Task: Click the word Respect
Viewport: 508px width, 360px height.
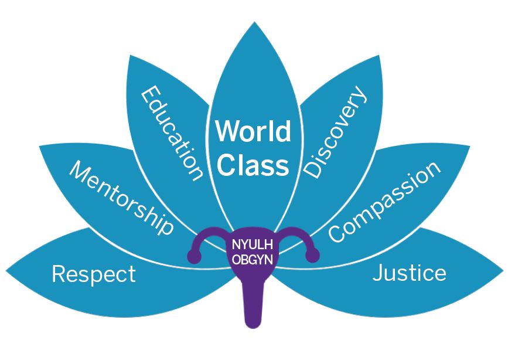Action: (x=94, y=274)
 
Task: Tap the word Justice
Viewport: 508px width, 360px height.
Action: (x=410, y=273)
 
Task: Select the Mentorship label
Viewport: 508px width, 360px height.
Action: (x=122, y=198)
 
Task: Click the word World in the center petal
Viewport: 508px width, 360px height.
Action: (x=253, y=131)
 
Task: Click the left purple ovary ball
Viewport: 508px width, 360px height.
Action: (x=194, y=256)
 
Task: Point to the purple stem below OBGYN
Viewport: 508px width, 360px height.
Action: (x=253, y=308)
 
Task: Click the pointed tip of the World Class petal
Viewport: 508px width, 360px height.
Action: (x=253, y=27)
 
